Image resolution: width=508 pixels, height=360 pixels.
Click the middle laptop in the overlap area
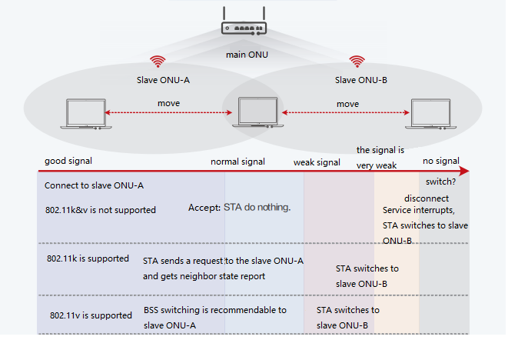(x=257, y=113)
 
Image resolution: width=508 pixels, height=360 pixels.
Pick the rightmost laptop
(x=430, y=113)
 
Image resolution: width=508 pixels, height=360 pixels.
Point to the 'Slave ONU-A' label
(x=158, y=78)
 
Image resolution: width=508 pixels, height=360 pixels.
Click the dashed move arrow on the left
(x=169, y=114)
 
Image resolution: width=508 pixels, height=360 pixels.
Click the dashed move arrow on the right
(x=347, y=114)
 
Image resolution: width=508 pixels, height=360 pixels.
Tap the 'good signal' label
(x=68, y=162)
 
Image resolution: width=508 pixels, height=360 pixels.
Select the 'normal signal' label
(x=238, y=162)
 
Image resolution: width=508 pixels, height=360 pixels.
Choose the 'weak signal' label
(x=317, y=162)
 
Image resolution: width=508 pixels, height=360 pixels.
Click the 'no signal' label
(x=441, y=162)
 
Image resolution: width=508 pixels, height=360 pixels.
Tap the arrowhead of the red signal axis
(x=463, y=172)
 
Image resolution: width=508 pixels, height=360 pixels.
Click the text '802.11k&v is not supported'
(x=100, y=210)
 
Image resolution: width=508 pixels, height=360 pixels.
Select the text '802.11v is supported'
(x=91, y=315)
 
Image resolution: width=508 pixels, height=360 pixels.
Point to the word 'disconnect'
(x=420, y=197)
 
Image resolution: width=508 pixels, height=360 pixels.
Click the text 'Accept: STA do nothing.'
(x=240, y=208)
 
